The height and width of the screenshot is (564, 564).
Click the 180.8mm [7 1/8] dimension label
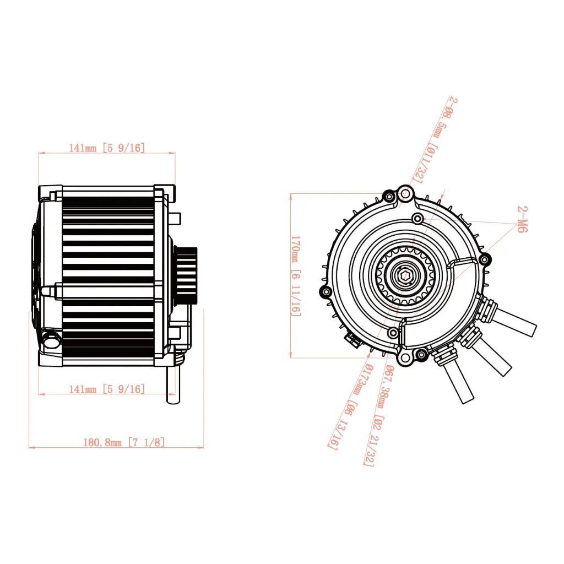[x=123, y=442]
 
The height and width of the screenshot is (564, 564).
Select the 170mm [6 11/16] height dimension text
[x=296, y=275]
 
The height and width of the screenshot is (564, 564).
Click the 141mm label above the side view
[x=106, y=148]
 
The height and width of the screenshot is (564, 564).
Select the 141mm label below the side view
[x=106, y=389]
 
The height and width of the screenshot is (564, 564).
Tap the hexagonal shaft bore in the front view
[x=405, y=277]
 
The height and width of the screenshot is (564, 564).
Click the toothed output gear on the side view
[x=186, y=274]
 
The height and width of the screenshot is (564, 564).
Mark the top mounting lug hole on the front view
[x=406, y=193]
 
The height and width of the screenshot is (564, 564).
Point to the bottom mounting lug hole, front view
[x=406, y=359]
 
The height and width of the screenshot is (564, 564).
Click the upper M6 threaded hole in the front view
[x=418, y=219]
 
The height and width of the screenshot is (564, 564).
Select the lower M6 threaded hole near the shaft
[x=393, y=333]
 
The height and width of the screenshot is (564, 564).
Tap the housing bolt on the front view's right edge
[x=484, y=259]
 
